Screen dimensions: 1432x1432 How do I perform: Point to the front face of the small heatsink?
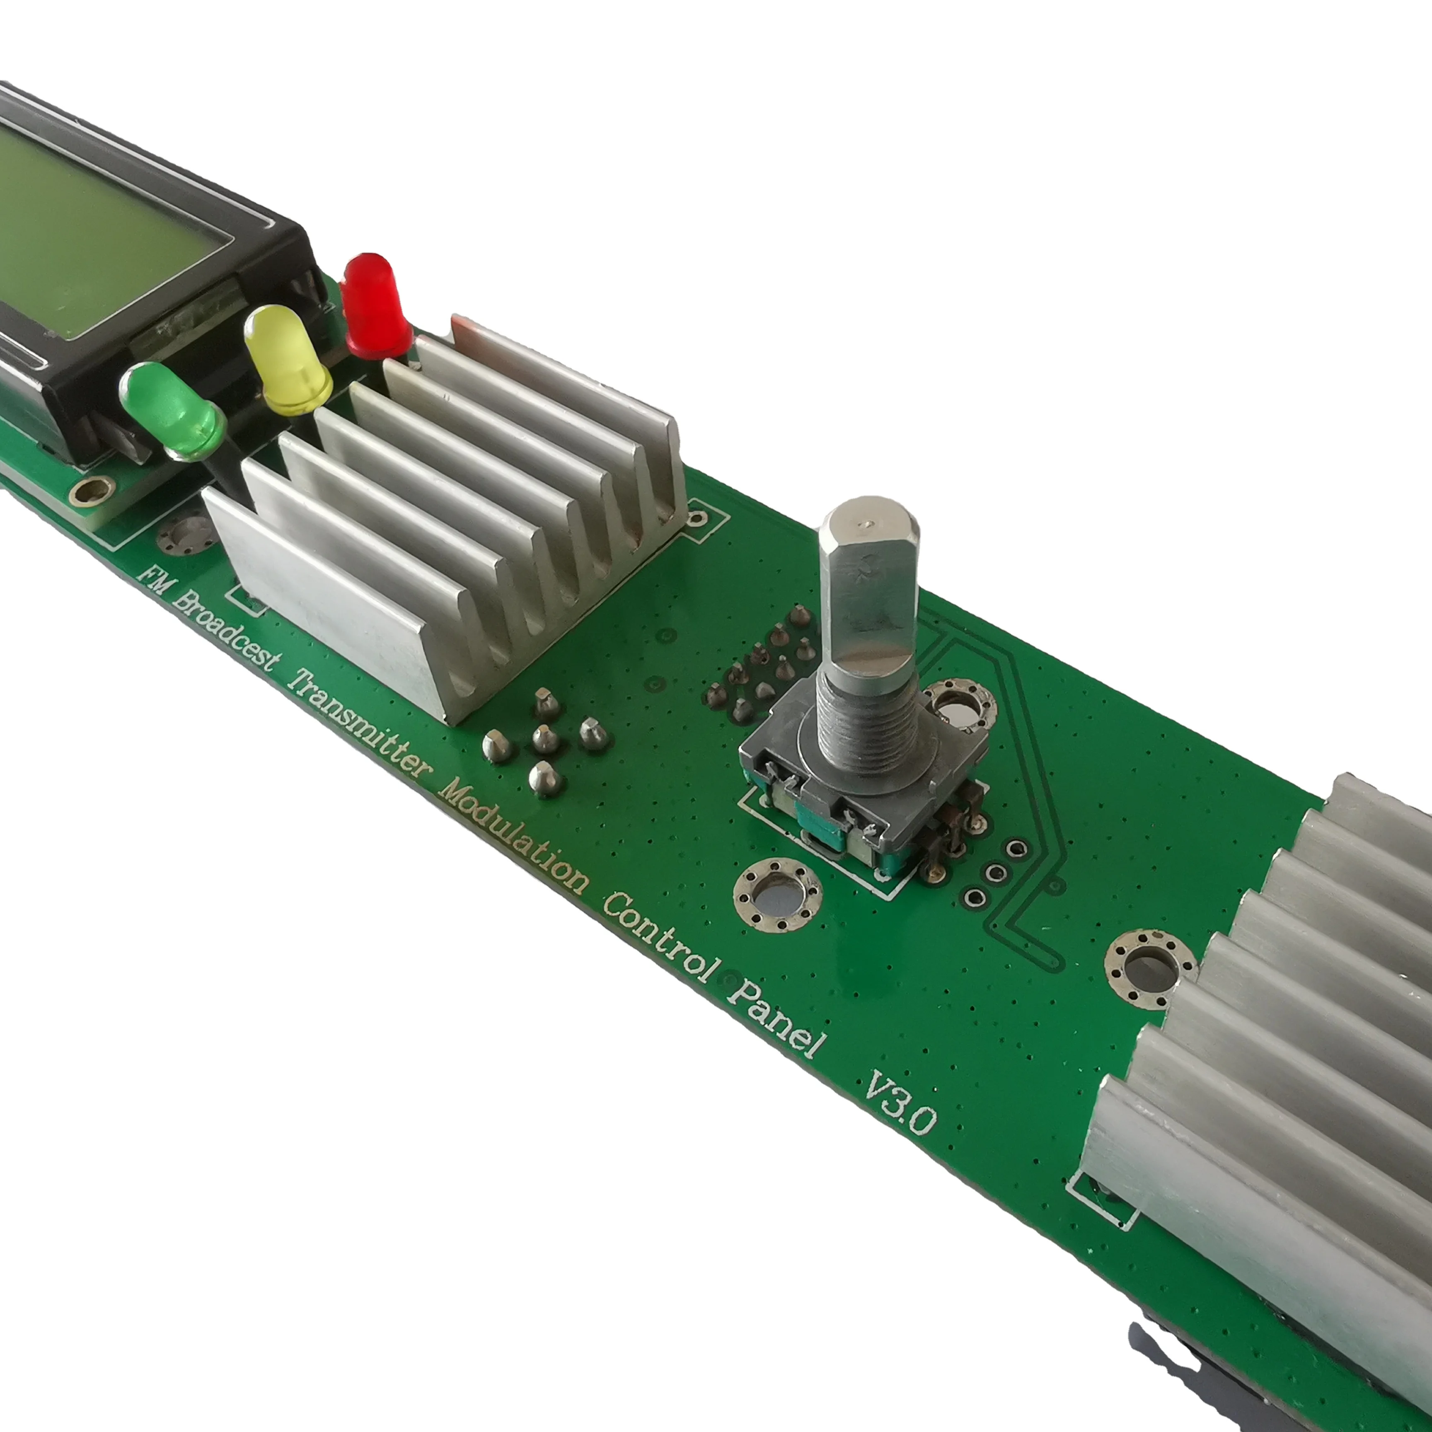click(x=326, y=600)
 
